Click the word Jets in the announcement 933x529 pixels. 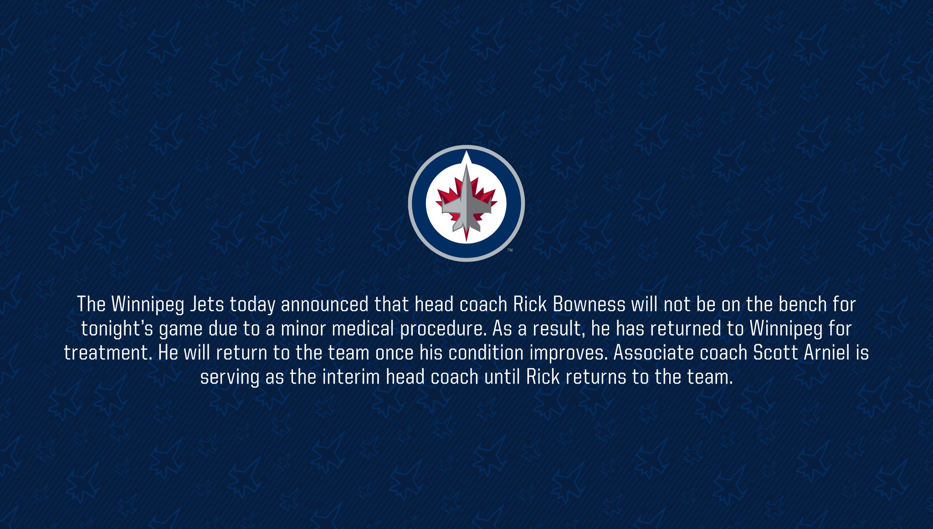(207, 304)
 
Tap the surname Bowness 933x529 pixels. (589, 304)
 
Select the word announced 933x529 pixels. (324, 304)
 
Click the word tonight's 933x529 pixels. (117, 329)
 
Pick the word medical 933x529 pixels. (363, 329)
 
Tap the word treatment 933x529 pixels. (108, 353)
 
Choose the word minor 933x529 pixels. (303, 329)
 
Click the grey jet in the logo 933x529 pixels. (466, 200)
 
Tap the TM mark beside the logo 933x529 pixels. (510, 250)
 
